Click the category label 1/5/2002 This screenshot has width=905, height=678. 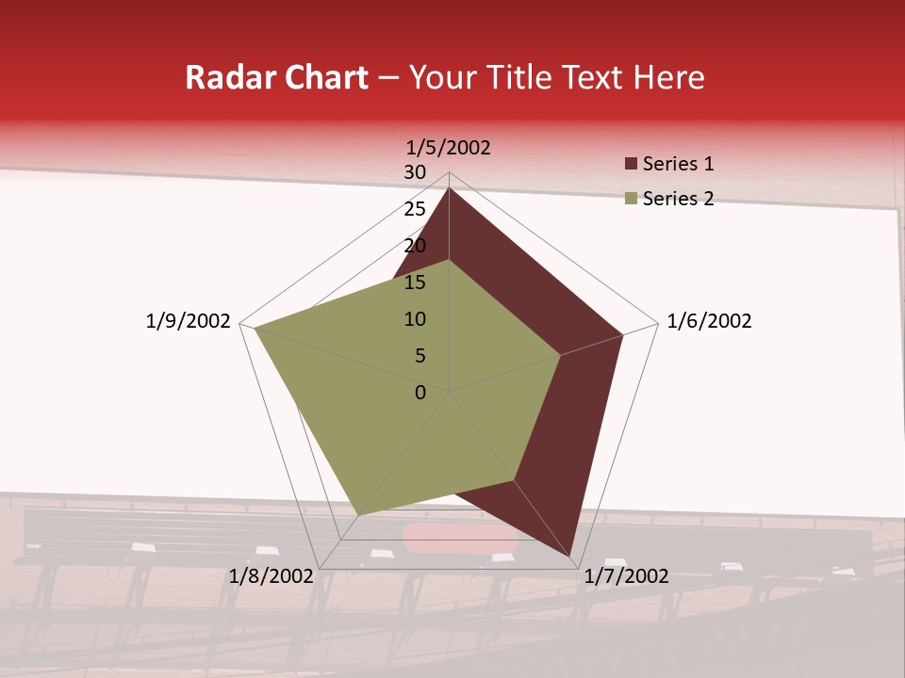tap(449, 147)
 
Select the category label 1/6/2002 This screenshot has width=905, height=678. tap(709, 321)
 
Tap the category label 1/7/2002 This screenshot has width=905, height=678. tap(626, 576)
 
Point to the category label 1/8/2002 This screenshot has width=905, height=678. tap(271, 576)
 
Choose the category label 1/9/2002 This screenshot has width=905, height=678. tap(189, 321)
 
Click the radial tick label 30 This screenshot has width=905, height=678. tap(415, 172)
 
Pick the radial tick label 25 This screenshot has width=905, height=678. tap(415, 209)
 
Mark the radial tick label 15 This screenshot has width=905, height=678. tap(415, 282)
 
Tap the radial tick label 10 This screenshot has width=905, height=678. tap(415, 319)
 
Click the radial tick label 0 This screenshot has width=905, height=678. tap(420, 393)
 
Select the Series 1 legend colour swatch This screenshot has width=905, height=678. tap(632, 165)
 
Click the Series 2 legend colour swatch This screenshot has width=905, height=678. tap(632, 200)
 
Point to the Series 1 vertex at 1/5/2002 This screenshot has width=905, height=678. tap(449, 187)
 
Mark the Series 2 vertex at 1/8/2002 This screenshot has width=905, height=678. tap(359, 514)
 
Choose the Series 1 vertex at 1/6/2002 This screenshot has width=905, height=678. tap(623, 334)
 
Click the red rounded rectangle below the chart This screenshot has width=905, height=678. tap(460, 537)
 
